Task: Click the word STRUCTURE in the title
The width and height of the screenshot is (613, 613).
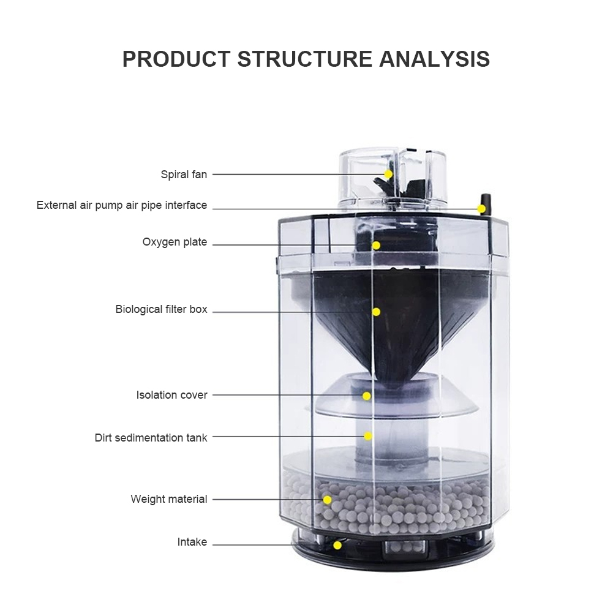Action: click(304, 59)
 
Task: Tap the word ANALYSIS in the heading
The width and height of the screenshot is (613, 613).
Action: click(434, 59)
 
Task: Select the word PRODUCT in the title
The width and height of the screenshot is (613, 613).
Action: click(176, 59)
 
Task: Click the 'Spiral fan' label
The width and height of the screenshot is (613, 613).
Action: click(184, 175)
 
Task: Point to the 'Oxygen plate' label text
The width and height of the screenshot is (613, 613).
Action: click(175, 242)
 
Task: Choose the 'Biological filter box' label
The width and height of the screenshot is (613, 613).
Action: click(161, 309)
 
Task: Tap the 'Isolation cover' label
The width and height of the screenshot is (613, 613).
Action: click(171, 395)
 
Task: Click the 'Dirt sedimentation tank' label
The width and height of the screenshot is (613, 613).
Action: click(151, 437)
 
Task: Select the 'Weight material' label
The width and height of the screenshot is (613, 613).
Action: click(169, 499)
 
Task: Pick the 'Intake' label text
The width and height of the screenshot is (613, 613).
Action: click(192, 542)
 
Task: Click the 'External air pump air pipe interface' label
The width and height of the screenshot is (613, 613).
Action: click(122, 205)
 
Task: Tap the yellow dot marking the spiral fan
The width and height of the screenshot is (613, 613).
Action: click(388, 174)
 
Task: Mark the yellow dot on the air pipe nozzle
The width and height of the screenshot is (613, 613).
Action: click(481, 209)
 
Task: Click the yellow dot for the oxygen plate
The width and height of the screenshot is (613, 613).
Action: click(376, 246)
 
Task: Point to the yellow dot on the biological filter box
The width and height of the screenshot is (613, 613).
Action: click(376, 312)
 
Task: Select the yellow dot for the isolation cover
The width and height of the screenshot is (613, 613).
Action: click(367, 396)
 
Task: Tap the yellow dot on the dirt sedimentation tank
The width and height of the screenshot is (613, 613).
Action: click(368, 436)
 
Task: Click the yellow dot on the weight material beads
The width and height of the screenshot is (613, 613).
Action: click(327, 500)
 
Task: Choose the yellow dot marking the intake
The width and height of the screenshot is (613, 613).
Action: click(337, 545)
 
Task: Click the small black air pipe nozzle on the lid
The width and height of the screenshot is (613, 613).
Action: click(484, 203)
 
